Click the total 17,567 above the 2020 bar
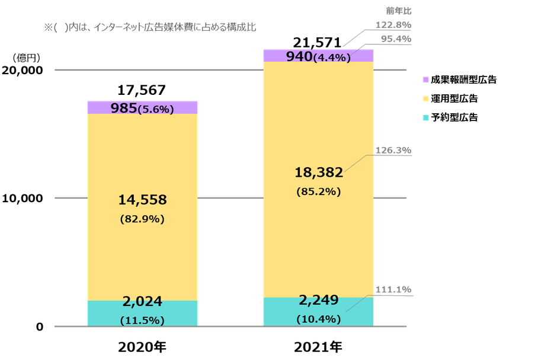(142, 90)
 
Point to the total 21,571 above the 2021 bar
(317, 42)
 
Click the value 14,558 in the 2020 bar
(142, 200)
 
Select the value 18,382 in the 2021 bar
(319, 173)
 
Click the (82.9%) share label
(142, 219)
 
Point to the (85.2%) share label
(319, 192)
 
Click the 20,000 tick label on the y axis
(23, 70)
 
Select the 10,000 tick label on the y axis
(23, 198)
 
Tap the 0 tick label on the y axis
(40, 326)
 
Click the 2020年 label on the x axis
(142, 346)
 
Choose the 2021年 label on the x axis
(319, 346)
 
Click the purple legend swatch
(425, 79)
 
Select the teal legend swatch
(425, 117)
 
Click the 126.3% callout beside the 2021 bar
(393, 151)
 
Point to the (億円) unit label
(25, 58)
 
